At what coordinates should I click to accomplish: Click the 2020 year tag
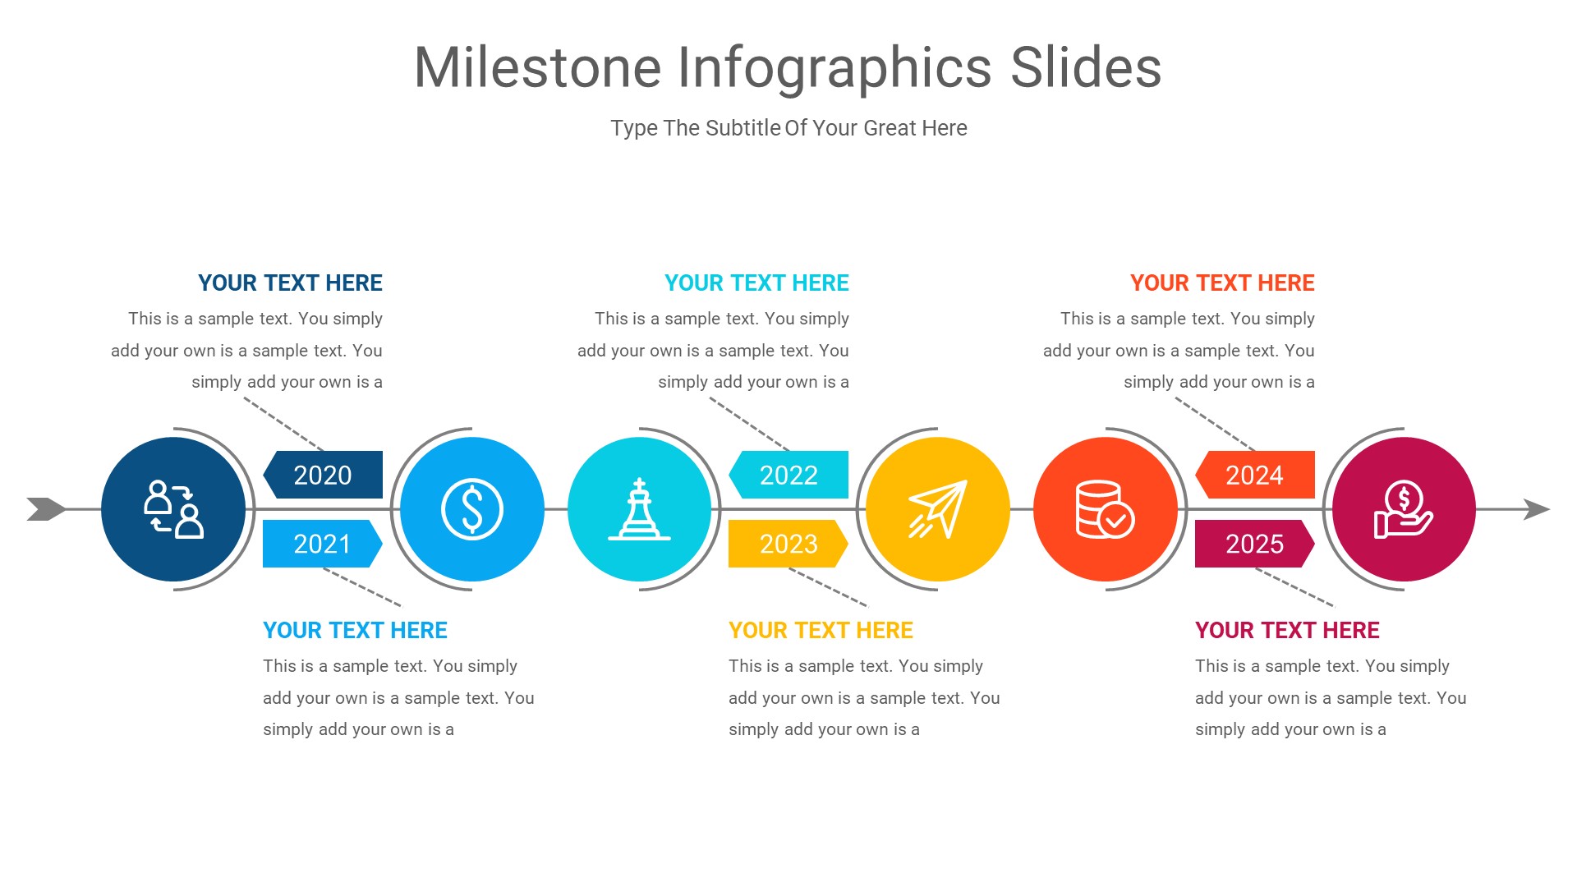point(323,475)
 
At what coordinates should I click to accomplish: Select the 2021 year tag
point(322,544)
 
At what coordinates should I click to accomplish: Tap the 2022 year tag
point(788,475)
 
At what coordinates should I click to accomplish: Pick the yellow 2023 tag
point(788,544)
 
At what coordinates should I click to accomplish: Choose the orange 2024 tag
point(1254,475)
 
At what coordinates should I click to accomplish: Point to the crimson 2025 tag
point(1254,544)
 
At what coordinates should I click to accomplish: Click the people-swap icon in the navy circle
point(173,509)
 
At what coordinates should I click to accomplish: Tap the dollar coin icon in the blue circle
point(471,509)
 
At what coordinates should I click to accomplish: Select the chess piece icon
point(639,509)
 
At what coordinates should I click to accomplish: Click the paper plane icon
point(937,509)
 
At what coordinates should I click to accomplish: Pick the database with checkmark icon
point(1105,509)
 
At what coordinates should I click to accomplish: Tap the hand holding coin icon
point(1403,509)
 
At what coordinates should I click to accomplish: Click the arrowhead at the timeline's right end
point(1537,509)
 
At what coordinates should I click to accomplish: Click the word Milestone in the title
point(538,67)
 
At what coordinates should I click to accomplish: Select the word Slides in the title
point(1085,67)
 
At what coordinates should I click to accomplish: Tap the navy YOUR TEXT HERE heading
point(290,283)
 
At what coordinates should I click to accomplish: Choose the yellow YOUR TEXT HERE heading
point(821,631)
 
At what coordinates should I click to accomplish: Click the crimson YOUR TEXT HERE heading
point(1287,631)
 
